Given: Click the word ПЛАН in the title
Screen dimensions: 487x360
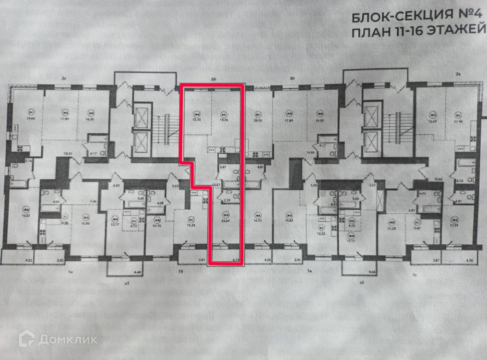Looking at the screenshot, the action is (x=369, y=33).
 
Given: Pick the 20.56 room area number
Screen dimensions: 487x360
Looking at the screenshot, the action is (x=258, y=121).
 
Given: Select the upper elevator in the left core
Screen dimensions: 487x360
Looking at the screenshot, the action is (x=143, y=117).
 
